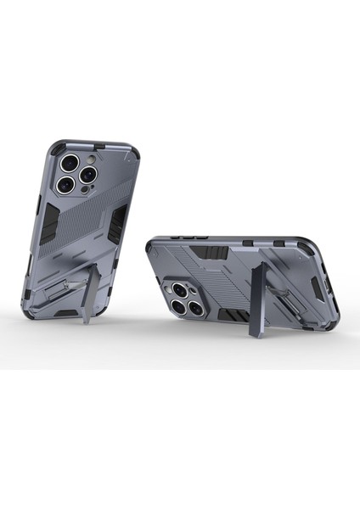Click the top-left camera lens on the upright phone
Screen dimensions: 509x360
pos(67,161)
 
